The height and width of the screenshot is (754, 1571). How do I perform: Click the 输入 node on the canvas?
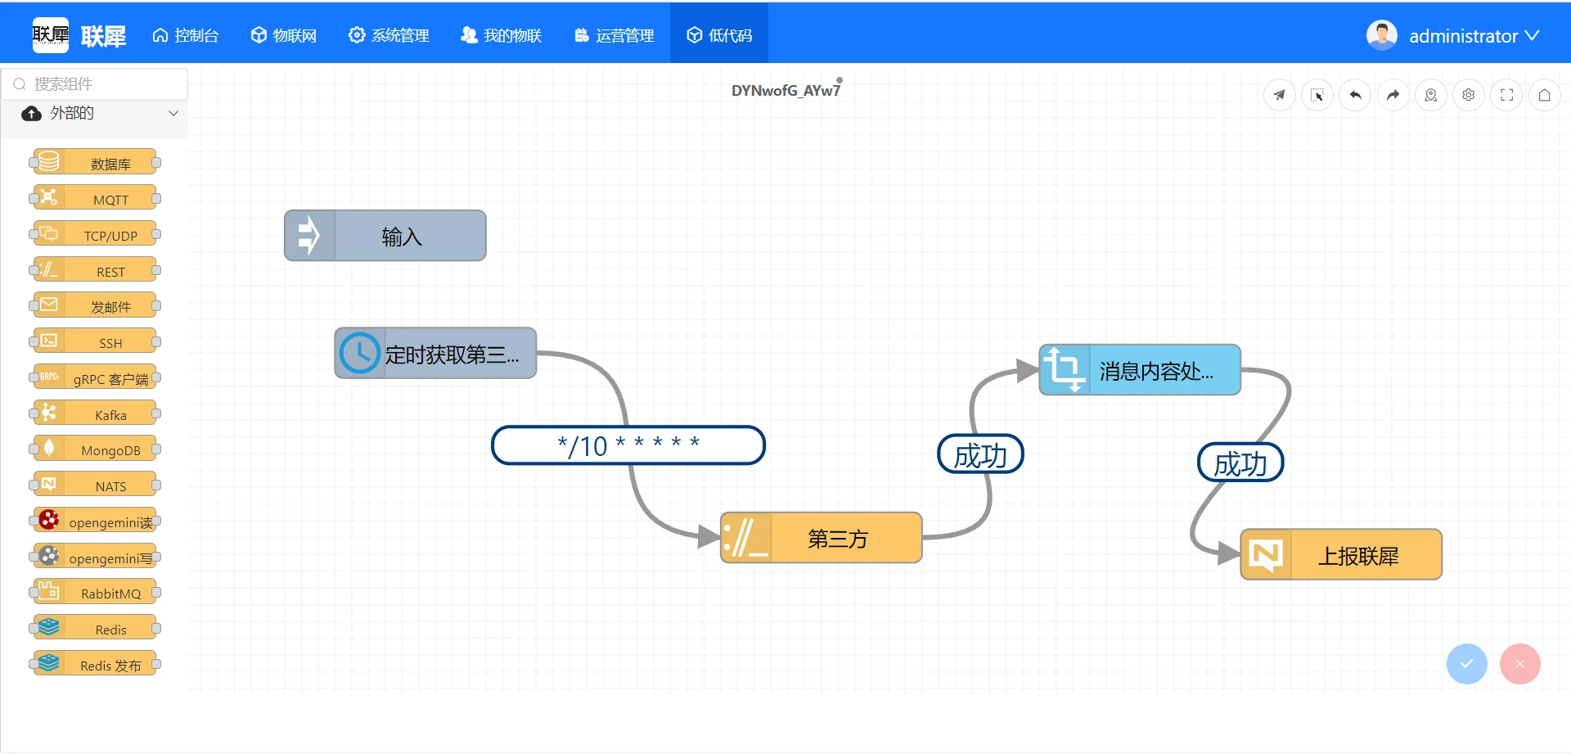(x=385, y=236)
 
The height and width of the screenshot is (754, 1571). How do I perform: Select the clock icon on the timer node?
(x=359, y=353)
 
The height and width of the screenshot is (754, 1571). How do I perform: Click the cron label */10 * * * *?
(x=628, y=445)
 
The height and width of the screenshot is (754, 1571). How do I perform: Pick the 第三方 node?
(x=822, y=538)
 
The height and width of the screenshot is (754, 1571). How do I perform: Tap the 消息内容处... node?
(x=1140, y=370)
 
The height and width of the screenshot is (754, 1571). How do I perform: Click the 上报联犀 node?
(x=1341, y=555)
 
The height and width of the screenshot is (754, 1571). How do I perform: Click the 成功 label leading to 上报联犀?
(x=1240, y=463)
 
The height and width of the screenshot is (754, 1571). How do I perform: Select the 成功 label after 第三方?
(x=980, y=454)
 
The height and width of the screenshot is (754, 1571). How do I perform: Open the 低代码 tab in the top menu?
(x=719, y=34)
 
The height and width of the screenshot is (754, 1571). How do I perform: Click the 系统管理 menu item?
(x=389, y=35)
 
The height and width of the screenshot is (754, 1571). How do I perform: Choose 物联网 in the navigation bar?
(x=284, y=35)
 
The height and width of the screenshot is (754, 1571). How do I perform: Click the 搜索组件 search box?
(x=95, y=84)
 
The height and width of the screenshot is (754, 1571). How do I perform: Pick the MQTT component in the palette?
(x=95, y=198)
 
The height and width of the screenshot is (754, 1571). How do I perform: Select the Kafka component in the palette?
(x=95, y=413)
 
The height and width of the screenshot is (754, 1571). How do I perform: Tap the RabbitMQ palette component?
(x=95, y=592)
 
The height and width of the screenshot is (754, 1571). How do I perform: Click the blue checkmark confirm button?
(x=1467, y=664)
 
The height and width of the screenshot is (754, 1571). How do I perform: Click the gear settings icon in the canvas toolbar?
(x=1469, y=95)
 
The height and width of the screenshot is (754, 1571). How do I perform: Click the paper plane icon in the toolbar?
(x=1280, y=95)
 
